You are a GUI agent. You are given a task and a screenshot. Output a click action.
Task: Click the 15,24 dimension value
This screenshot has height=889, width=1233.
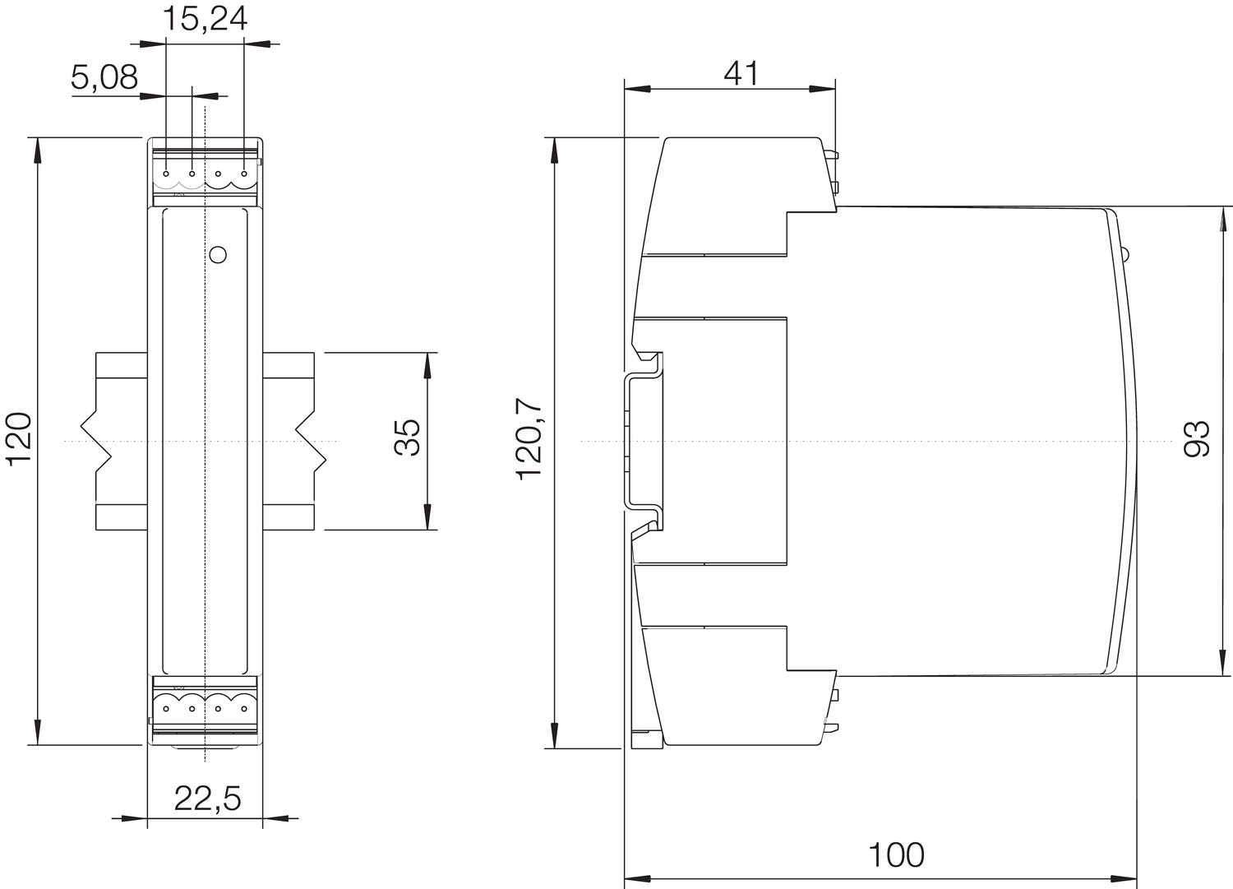click(204, 18)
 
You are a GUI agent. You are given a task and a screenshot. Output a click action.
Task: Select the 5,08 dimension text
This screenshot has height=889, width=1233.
click(104, 78)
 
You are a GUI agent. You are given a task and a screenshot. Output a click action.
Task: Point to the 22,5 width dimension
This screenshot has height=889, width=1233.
click(208, 798)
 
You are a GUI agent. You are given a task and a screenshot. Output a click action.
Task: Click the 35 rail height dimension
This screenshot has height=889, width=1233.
click(407, 438)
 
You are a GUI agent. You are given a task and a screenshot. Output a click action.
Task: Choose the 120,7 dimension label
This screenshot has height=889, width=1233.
click(529, 438)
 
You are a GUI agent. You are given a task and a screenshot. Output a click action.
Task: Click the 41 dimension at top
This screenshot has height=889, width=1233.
click(741, 73)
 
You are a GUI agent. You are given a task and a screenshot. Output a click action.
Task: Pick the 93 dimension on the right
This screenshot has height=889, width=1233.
click(1198, 438)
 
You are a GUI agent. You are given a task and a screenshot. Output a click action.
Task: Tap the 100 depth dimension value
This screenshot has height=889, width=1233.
click(897, 855)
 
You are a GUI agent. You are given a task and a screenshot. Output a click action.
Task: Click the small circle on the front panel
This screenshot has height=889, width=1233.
click(218, 254)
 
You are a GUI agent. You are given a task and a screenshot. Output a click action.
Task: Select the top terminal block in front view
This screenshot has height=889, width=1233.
click(205, 174)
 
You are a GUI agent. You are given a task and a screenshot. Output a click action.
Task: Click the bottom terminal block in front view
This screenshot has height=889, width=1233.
click(205, 706)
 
